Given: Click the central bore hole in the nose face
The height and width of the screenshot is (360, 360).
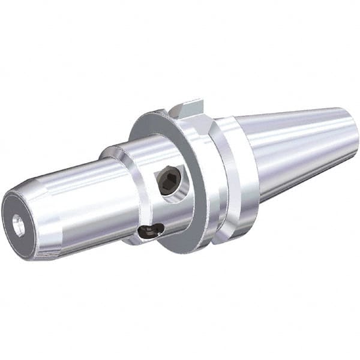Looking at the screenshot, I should click(19, 225).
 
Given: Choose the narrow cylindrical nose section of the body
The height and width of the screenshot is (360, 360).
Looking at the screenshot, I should click(72, 204).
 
